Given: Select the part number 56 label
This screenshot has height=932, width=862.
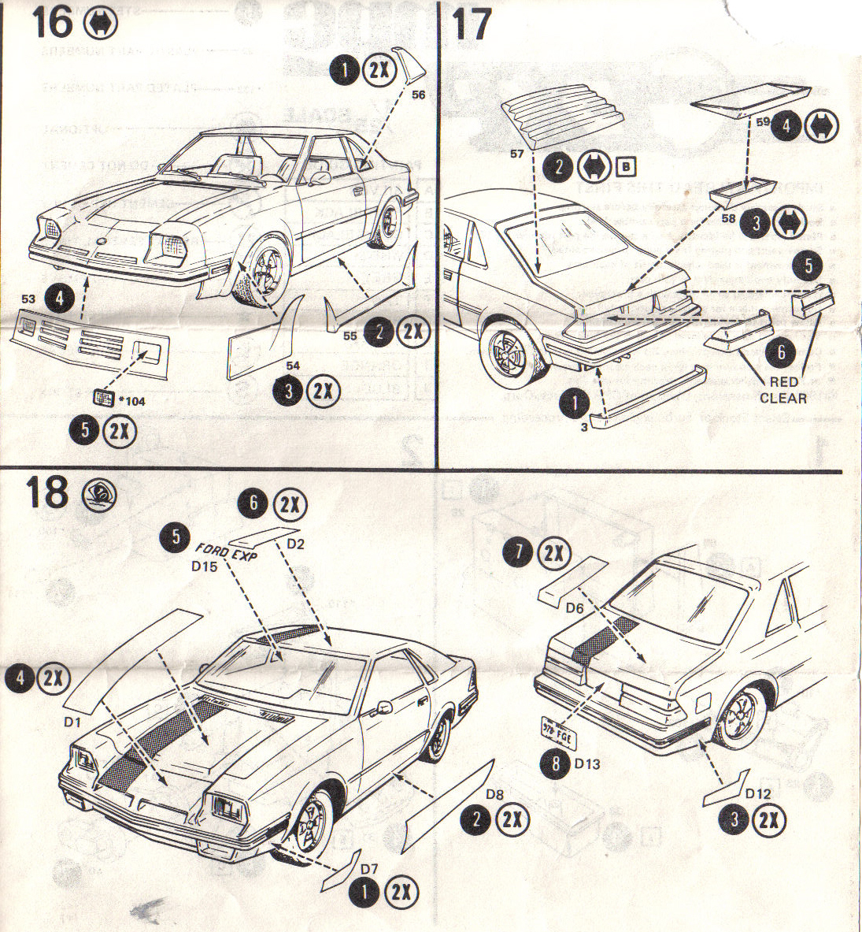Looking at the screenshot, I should coord(418,95).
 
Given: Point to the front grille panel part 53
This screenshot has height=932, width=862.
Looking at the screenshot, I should coord(91,343).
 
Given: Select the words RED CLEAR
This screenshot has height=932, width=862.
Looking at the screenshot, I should coord(782,391).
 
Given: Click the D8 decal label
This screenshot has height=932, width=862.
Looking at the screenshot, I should coord(494,794).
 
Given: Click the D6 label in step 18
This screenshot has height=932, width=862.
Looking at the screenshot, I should coord(574,608).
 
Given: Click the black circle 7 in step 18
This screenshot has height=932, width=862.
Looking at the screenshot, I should coord(516,553).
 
